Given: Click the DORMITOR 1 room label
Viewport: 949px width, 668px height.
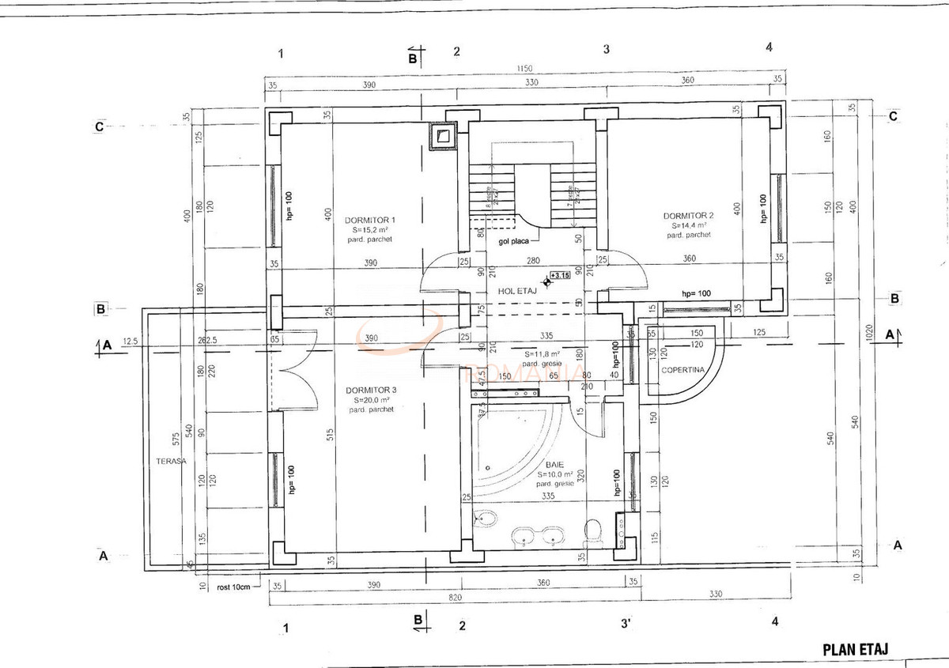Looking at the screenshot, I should (369, 219).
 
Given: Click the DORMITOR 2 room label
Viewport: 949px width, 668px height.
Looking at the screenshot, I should (688, 215).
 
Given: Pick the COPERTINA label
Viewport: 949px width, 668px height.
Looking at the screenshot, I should (678, 370).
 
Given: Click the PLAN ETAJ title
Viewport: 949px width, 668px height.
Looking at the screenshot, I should (856, 649).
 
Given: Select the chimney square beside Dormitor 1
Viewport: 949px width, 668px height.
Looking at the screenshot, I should (444, 136).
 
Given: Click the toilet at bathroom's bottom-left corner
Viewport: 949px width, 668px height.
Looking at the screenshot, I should (486, 519).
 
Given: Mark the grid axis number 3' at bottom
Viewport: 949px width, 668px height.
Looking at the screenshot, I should (625, 624).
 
